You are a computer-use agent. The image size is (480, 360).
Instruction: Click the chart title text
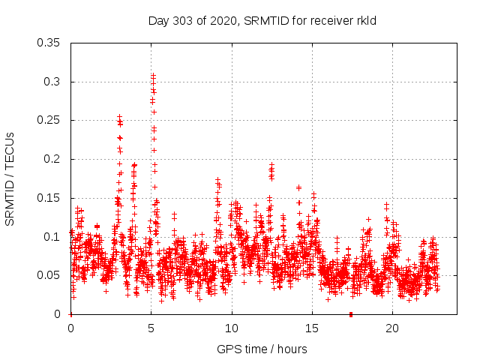262,20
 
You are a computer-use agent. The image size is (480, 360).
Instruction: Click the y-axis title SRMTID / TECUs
10,178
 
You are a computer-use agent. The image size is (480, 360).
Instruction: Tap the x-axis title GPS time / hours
262,349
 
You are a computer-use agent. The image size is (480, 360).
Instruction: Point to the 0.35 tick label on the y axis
50,43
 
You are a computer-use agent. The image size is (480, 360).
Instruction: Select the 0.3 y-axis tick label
53,82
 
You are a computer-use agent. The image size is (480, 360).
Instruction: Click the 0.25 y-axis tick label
50,120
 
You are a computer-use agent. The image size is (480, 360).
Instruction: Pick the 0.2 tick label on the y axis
53,159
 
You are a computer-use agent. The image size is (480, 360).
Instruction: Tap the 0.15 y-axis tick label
50,198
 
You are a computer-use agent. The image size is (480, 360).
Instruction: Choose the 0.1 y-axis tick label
53,237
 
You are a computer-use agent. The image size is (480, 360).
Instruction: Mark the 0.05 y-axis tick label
50,275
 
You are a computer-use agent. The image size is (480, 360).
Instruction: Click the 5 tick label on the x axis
151,328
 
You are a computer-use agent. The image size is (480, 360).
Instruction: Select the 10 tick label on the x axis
232,328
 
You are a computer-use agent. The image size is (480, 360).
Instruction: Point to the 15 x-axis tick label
312,328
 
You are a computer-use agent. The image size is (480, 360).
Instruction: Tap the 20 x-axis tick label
392,328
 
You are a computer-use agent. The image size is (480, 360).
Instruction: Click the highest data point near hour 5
153,75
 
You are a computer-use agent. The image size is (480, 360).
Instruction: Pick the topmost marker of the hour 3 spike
119,116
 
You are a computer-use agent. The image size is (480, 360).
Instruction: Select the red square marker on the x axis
350,314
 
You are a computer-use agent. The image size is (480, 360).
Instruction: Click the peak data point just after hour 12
271,164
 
